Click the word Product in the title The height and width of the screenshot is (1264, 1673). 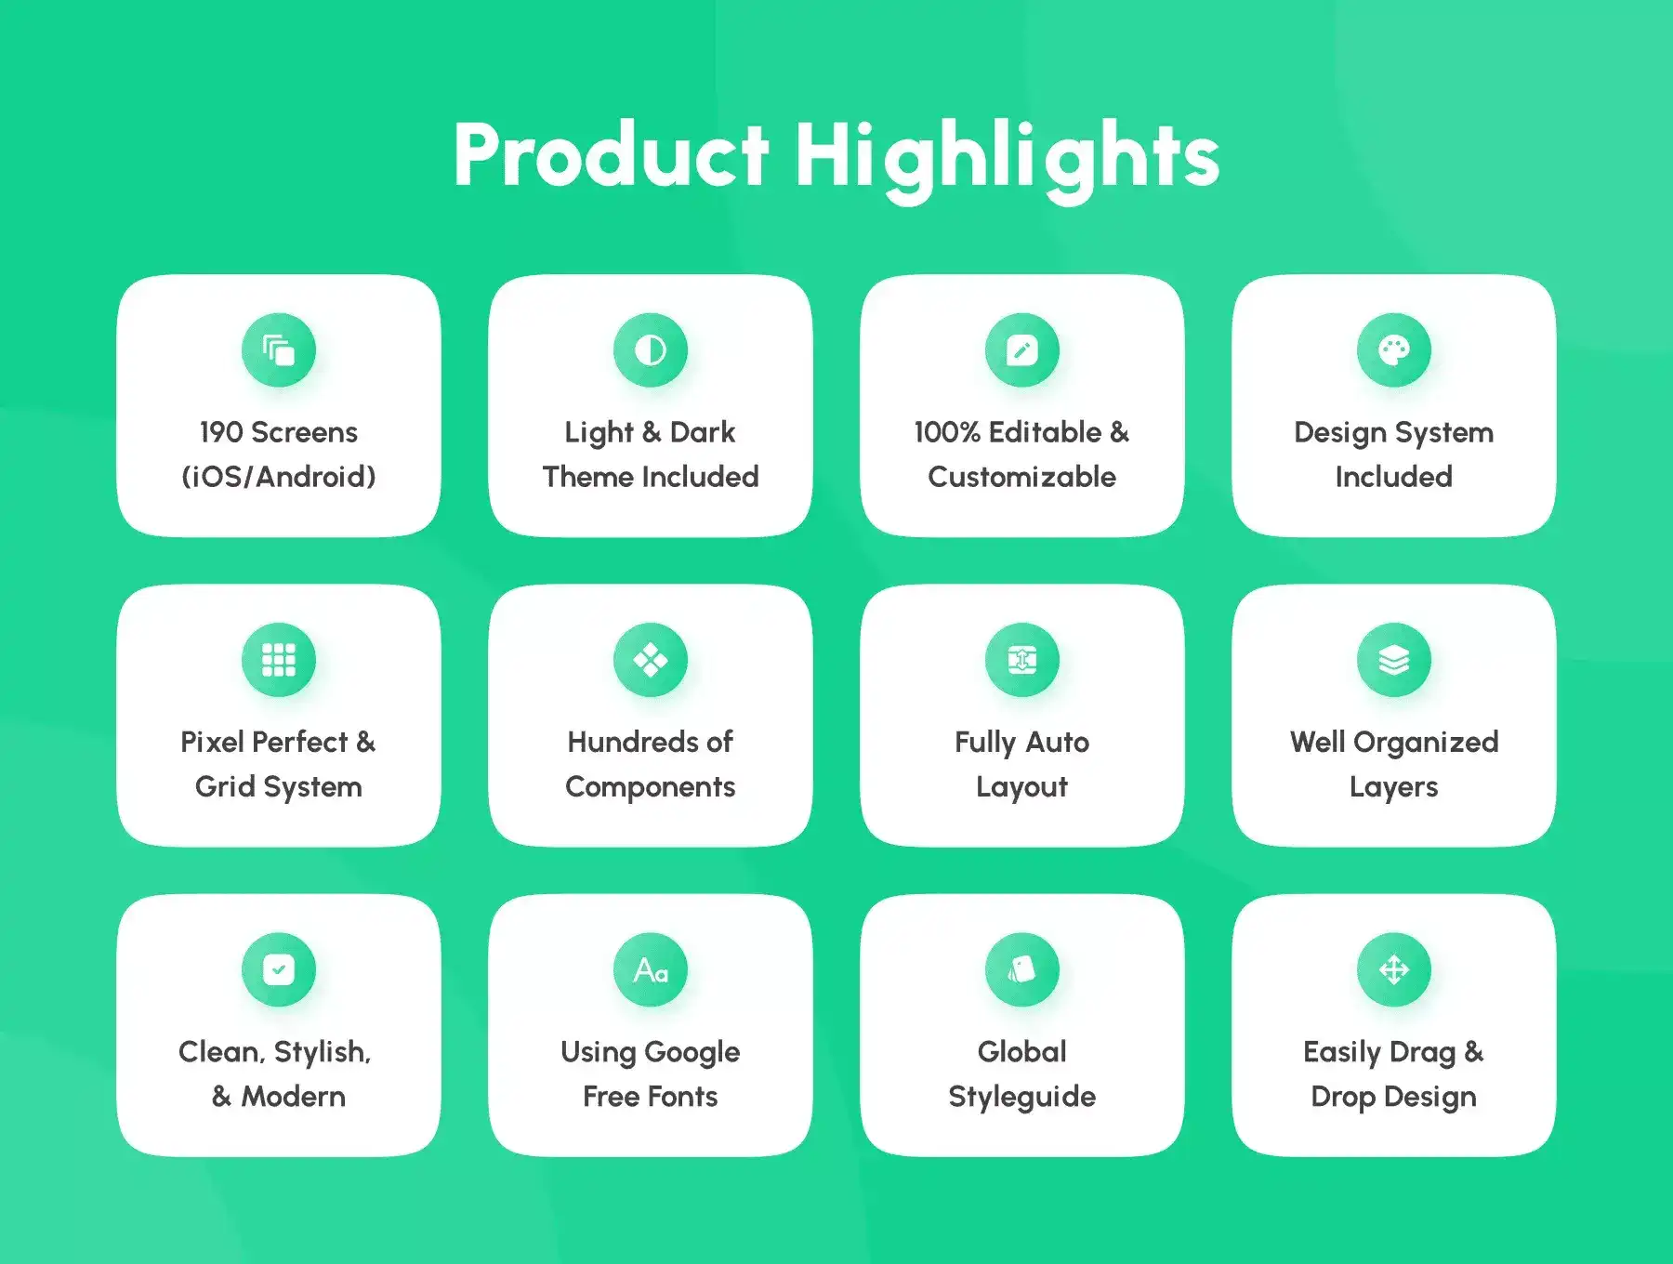click(611, 155)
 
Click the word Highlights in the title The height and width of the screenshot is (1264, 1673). click(1007, 160)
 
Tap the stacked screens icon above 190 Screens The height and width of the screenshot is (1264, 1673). click(279, 350)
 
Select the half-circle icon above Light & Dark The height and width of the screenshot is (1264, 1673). click(651, 350)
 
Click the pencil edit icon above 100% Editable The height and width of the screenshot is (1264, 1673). click(1022, 350)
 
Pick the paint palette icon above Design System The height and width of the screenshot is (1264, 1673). click(1394, 350)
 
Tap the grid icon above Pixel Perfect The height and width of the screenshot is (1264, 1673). click(279, 660)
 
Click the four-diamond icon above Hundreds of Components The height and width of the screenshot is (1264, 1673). click(651, 660)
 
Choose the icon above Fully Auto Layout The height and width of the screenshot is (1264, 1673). click(1022, 660)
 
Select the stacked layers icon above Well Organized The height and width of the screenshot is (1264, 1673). click(1394, 660)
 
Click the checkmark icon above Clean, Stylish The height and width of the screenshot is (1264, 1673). click(279, 969)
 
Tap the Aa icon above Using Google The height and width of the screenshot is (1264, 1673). click(651, 969)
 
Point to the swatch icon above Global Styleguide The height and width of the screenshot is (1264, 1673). click(1022, 969)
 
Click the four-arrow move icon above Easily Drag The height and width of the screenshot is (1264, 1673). click(1394, 969)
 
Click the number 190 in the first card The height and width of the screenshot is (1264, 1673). click(221, 432)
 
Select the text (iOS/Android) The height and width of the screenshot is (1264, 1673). click(279, 477)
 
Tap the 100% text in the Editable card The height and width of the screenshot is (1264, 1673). click(947, 432)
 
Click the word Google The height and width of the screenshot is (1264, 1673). click(692, 1053)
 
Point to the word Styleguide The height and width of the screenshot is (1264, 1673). click(1022, 1098)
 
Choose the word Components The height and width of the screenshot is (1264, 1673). click(651, 788)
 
